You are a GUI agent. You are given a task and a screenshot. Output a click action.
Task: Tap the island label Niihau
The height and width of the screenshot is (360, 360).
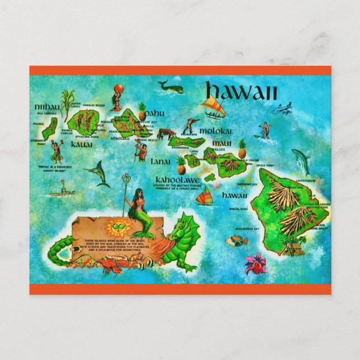[46, 106]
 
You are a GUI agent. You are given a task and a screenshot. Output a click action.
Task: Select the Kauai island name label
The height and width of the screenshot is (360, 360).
[82, 144]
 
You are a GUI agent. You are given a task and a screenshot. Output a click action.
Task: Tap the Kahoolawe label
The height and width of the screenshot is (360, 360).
[177, 181]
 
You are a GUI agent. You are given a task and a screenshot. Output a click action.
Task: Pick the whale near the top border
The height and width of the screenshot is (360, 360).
[170, 87]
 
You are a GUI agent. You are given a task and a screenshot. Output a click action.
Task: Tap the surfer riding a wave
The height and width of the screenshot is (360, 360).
[263, 131]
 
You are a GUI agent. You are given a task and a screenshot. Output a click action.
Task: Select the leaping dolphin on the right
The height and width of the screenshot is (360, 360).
[301, 160]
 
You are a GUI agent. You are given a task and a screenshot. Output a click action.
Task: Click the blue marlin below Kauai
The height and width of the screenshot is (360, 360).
[97, 174]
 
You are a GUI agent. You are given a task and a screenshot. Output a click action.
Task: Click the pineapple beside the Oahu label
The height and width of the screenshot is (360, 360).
[142, 111]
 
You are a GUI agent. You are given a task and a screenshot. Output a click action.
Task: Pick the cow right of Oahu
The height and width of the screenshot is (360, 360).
[166, 134]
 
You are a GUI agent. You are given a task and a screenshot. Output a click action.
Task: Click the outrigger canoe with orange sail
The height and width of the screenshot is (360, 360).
[212, 106]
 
